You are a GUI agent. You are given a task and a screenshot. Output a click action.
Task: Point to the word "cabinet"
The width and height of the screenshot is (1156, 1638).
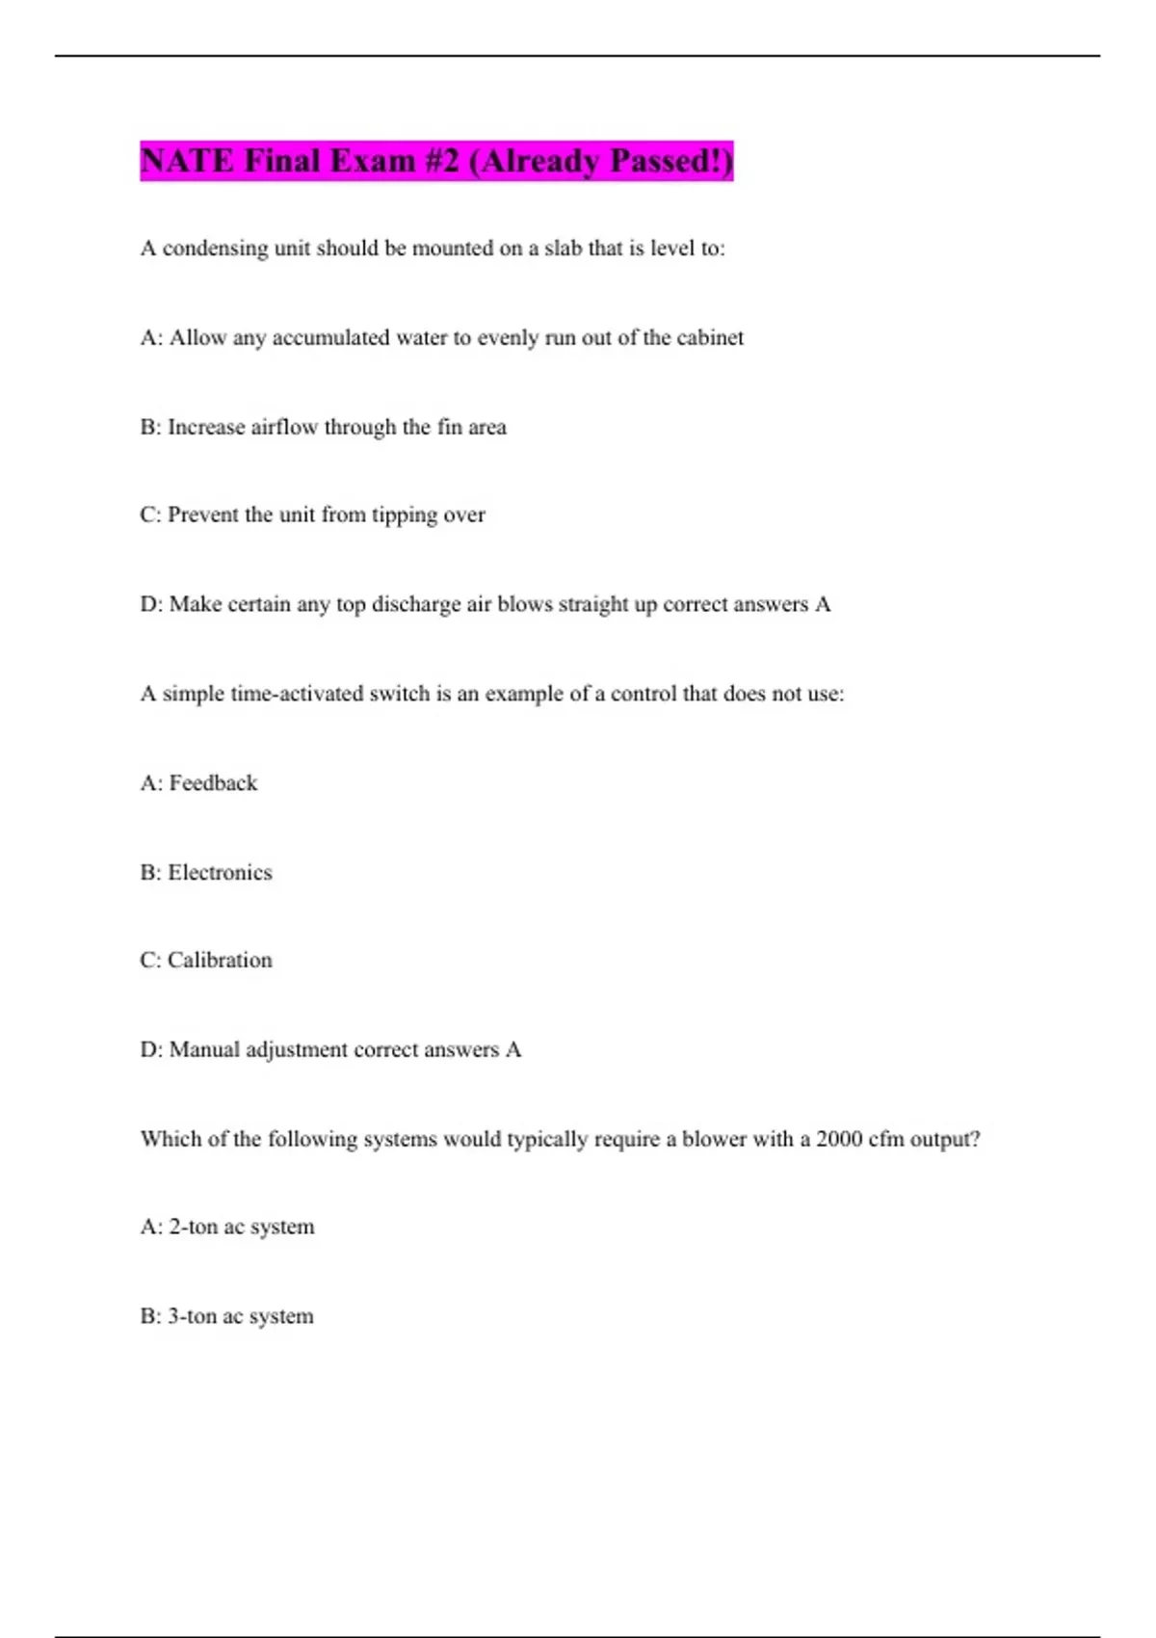(x=710, y=338)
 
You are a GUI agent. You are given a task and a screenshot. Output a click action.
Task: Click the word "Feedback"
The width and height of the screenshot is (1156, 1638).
(x=213, y=783)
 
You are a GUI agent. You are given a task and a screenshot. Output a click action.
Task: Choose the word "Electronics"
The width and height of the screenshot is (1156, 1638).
(x=220, y=872)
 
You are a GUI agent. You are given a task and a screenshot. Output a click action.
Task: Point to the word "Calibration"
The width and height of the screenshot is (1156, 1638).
(x=220, y=961)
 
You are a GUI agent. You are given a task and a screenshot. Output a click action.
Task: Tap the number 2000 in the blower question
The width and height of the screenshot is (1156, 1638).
(x=839, y=1139)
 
